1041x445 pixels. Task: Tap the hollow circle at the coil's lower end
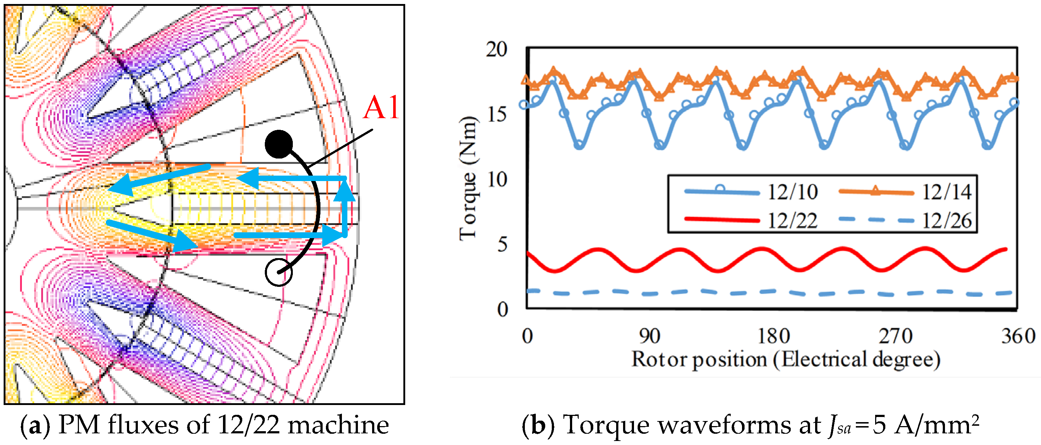[x=278, y=273]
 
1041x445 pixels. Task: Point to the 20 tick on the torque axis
[x=496, y=50]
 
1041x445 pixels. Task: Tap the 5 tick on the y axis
[x=502, y=245]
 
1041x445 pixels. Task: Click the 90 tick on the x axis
[x=649, y=336]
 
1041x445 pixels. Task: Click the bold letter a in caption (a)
[x=35, y=426]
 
